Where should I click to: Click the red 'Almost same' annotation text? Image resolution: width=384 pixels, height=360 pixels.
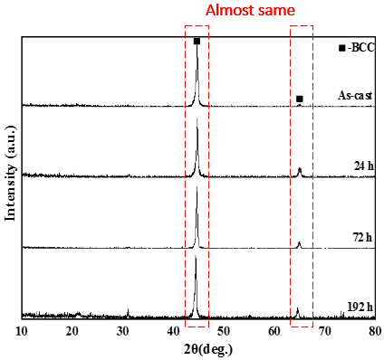pyautogui.click(x=250, y=11)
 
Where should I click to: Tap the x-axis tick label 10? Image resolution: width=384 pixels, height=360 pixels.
pyautogui.click(x=22, y=331)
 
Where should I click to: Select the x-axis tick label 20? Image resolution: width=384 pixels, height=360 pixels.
pyautogui.click(x=72, y=331)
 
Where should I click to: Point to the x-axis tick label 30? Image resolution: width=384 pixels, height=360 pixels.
pyautogui.click(x=122, y=331)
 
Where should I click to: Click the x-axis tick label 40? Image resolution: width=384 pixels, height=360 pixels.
pyautogui.click(x=173, y=331)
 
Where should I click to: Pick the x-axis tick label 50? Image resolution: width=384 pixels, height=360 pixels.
pyautogui.click(x=224, y=331)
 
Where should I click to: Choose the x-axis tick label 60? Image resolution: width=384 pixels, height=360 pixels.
pyautogui.click(x=274, y=331)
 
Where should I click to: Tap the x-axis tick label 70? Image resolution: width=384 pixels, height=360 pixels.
pyautogui.click(x=325, y=331)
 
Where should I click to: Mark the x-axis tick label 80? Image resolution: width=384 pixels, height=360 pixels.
pyautogui.click(x=375, y=331)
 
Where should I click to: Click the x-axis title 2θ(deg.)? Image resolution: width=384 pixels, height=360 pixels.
pyautogui.click(x=208, y=350)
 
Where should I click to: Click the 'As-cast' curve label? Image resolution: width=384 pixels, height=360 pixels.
pyautogui.click(x=355, y=96)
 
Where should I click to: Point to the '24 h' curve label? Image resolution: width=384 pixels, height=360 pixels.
pyautogui.click(x=364, y=166)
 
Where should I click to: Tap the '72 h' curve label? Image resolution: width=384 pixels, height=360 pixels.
pyautogui.click(x=362, y=238)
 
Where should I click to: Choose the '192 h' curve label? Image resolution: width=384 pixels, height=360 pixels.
pyautogui.click(x=360, y=307)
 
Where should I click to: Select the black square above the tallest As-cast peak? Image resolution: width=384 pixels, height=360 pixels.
pyautogui.click(x=197, y=42)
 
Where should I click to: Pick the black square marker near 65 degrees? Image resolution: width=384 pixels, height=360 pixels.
pyautogui.click(x=300, y=99)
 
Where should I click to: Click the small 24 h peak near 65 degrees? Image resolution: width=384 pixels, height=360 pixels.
pyautogui.click(x=300, y=172)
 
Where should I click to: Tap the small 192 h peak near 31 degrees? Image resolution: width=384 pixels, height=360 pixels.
pyautogui.click(x=128, y=313)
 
